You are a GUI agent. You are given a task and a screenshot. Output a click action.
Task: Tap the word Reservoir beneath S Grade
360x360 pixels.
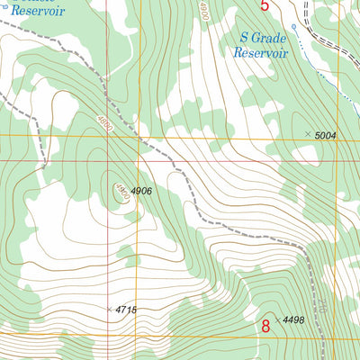click(x=260, y=53)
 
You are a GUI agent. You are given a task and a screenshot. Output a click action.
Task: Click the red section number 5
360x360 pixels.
click(x=265, y=6)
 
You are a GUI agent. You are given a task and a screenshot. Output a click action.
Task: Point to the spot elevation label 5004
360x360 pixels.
click(x=326, y=135)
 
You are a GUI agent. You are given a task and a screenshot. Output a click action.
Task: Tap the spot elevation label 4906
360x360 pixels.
click(x=142, y=191)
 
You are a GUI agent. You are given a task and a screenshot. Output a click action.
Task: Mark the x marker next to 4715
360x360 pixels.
click(x=110, y=309)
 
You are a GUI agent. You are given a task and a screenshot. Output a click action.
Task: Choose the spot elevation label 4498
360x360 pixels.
click(x=294, y=320)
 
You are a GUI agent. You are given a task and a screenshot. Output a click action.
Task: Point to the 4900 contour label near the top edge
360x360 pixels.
click(x=204, y=11)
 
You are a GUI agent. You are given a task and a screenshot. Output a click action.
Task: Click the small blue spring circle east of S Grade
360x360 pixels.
click(x=293, y=27)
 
